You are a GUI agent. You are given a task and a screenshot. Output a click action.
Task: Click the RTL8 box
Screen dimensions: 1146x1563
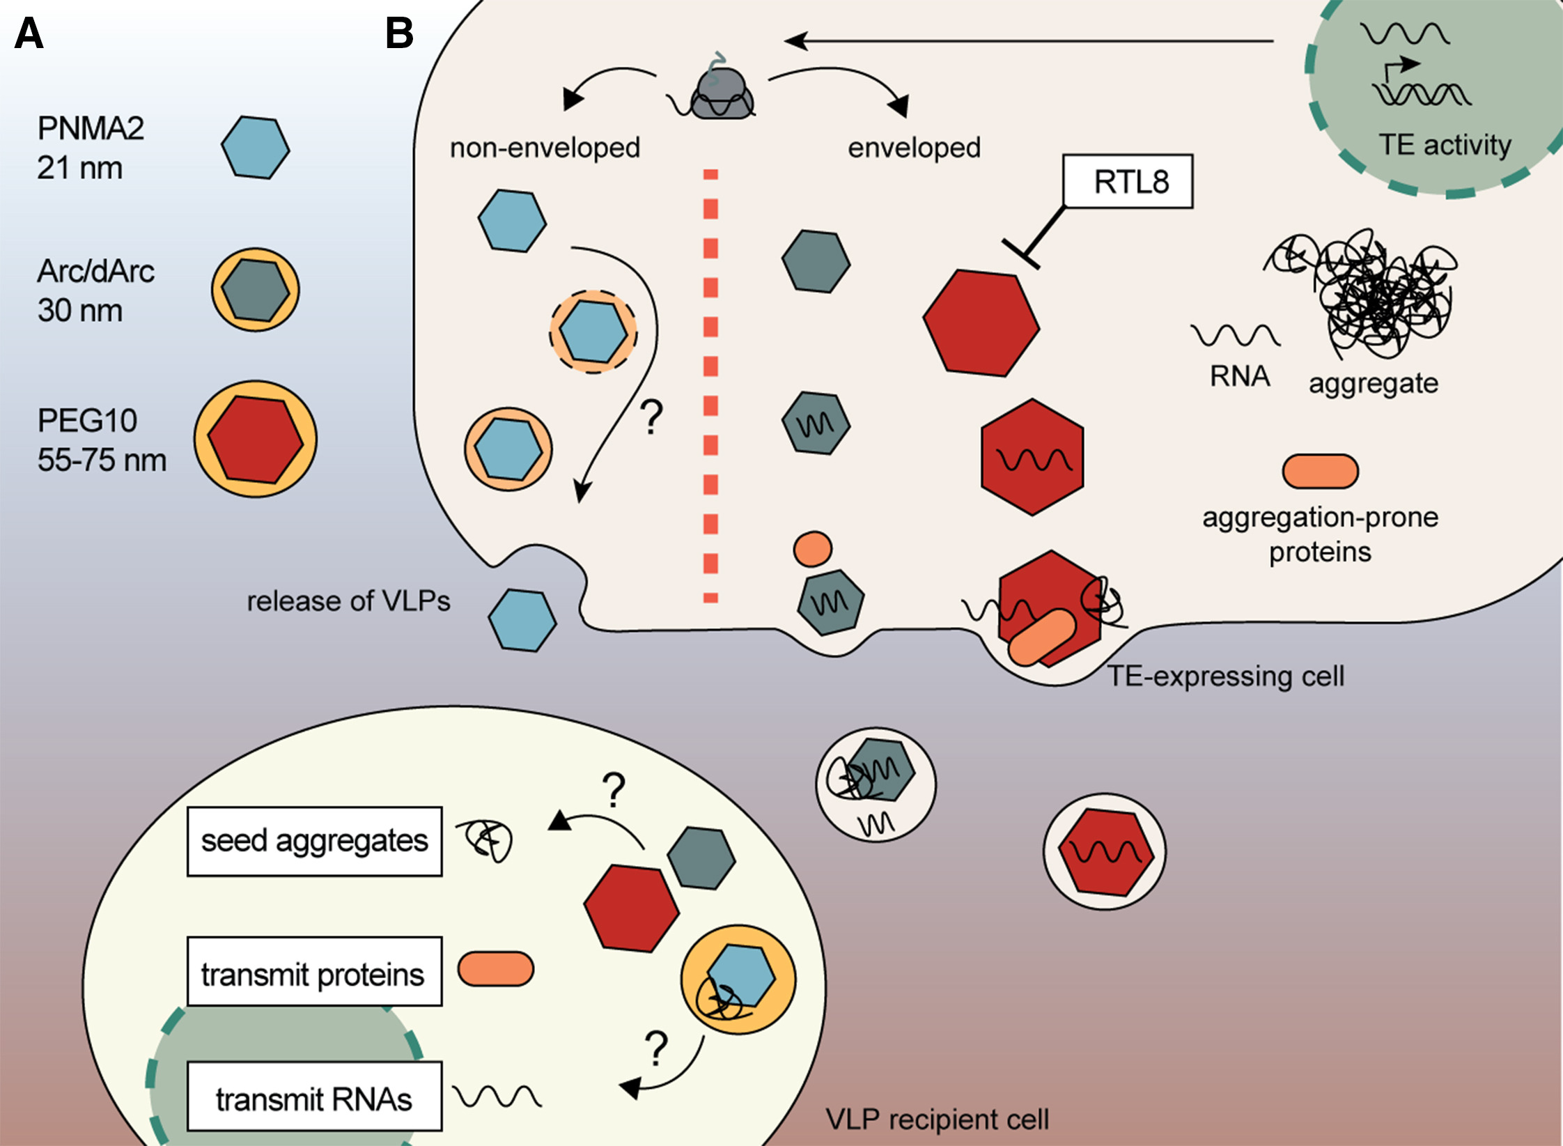[x=1128, y=182]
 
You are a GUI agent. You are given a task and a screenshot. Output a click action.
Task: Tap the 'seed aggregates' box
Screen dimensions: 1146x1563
[x=314, y=841]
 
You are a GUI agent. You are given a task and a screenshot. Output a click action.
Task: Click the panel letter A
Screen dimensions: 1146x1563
[x=29, y=33]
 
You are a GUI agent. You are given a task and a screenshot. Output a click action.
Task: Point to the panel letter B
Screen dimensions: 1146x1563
[x=399, y=33]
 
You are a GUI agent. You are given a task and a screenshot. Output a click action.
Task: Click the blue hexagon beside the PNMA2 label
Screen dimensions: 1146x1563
[x=255, y=148]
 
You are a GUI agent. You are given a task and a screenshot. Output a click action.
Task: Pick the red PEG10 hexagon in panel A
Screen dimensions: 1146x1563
[x=256, y=440]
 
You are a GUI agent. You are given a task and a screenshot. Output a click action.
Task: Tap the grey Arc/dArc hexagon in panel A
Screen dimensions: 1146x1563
[x=256, y=289]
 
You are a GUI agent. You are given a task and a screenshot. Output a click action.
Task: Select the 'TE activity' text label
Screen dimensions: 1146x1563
[x=1445, y=145]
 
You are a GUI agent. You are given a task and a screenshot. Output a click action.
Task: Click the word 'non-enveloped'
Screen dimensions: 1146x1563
[x=545, y=148]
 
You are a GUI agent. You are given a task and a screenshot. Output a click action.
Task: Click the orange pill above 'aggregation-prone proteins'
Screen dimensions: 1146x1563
[x=1320, y=471]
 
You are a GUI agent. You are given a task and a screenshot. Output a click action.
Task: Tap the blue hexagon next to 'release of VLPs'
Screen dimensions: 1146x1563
[x=522, y=620]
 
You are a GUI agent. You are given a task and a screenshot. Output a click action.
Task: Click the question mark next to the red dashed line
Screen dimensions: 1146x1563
[x=651, y=417]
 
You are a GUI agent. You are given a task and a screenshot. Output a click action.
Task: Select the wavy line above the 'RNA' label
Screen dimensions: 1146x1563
[x=1235, y=336]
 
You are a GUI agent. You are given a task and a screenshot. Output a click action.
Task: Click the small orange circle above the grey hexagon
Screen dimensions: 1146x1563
[x=812, y=548]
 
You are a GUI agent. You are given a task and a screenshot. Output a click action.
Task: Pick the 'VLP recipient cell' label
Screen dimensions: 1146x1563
[x=937, y=1120]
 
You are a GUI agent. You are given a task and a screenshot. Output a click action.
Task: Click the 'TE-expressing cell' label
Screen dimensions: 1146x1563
[x=1225, y=676]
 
